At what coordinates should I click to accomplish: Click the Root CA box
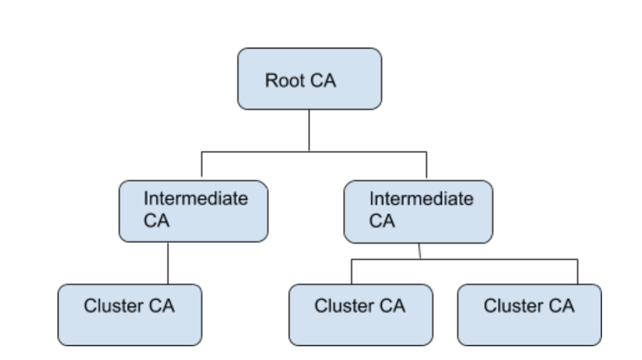pyautogui.click(x=309, y=79)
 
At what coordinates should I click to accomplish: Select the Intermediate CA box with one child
pyautogui.click(x=194, y=211)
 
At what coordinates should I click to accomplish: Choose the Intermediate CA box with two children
pyautogui.click(x=418, y=211)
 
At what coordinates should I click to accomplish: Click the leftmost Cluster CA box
pyautogui.click(x=130, y=314)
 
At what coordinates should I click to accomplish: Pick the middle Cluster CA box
pyautogui.click(x=360, y=314)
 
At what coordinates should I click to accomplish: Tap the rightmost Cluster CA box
pyautogui.click(x=529, y=314)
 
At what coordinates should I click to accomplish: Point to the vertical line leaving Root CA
pyautogui.click(x=309, y=130)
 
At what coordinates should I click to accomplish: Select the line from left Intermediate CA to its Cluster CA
pyautogui.click(x=168, y=263)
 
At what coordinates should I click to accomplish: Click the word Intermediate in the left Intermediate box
pyautogui.click(x=195, y=199)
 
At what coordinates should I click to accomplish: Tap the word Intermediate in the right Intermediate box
pyautogui.click(x=421, y=199)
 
